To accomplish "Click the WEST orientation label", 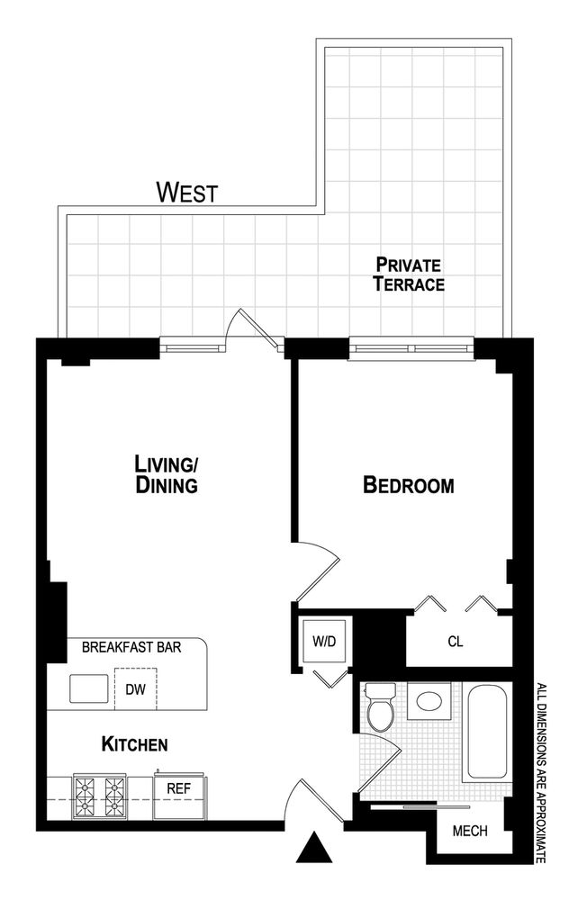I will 186,192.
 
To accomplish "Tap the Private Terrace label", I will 409,274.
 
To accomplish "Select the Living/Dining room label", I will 166,474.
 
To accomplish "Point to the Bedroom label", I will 408,486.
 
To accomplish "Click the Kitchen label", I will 134,744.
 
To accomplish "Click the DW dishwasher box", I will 135,690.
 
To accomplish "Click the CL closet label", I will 456,642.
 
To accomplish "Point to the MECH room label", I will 469,831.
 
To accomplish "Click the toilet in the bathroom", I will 381,708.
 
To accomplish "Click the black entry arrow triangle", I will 312,849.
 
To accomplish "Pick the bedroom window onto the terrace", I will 411,347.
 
